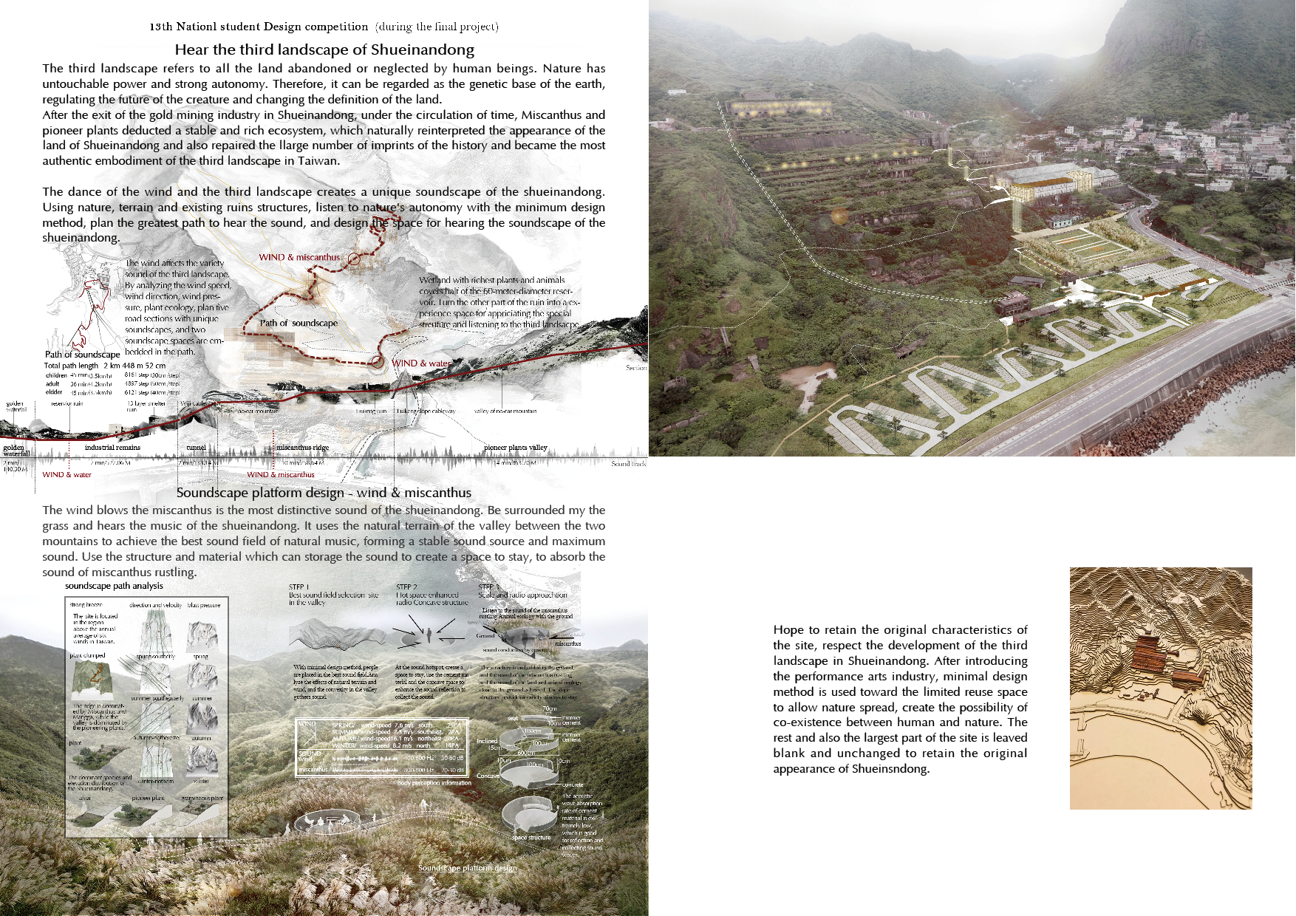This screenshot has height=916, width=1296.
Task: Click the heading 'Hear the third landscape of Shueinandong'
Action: (x=324, y=50)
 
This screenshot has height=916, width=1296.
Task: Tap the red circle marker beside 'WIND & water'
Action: (x=378, y=362)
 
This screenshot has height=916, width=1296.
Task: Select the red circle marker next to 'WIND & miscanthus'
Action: (x=354, y=259)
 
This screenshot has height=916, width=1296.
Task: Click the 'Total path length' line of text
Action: (x=104, y=366)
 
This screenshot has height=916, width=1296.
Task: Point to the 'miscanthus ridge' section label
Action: (x=302, y=448)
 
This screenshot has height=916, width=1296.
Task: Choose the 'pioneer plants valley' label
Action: (x=516, y=448)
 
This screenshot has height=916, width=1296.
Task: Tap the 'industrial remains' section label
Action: (x=112, y=448)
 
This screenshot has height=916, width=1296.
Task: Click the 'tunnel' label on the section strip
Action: (x=196, y=448)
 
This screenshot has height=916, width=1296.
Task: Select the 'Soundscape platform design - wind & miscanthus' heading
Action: (x=324, y=493)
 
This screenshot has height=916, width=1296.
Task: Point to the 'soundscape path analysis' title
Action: (x=114, y=586)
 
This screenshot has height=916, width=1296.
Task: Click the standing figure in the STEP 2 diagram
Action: (x=428, y=634)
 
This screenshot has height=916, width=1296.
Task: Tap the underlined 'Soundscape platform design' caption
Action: (x=468, y=868)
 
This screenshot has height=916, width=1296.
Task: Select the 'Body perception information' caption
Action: (x=434, y=783)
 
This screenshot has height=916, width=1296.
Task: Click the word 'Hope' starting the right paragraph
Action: (x=788, y=630)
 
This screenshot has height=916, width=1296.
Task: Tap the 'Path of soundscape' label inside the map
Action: (x=299, y=323)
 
